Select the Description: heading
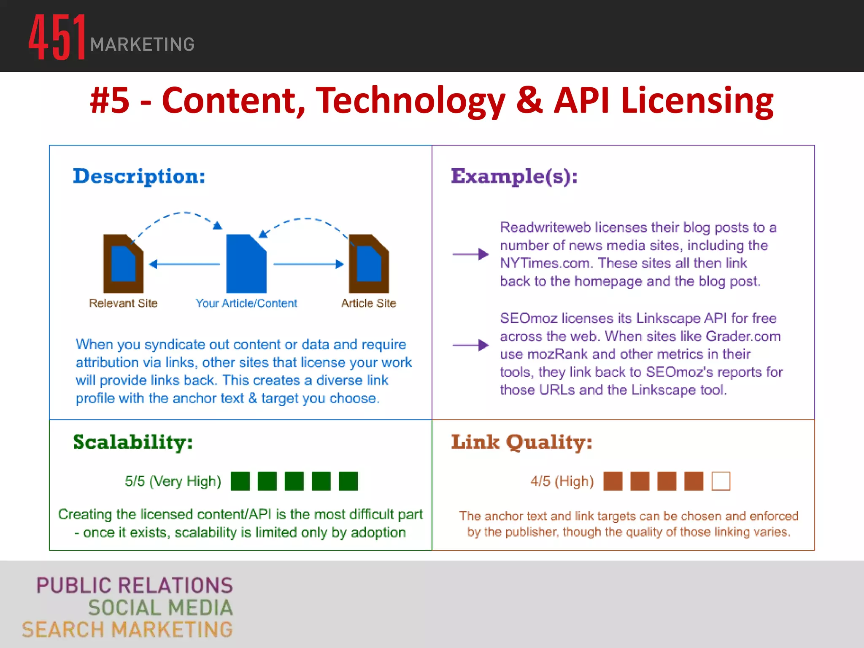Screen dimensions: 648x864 139,176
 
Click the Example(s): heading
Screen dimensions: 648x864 514,176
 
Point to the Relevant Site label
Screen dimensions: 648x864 123,303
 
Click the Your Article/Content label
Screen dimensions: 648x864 246,303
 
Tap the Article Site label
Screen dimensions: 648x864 368,303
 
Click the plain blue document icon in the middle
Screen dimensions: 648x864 246,264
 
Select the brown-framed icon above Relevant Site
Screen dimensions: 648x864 123,264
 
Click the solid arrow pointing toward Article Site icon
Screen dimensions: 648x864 308,265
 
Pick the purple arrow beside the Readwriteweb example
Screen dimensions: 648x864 470,254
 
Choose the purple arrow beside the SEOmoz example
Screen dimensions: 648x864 470,345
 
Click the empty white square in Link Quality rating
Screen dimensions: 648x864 721,481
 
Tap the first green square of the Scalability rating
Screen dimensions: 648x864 240,481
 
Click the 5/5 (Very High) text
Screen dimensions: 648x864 173,481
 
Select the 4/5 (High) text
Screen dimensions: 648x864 562,481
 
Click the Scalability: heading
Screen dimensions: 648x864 133,443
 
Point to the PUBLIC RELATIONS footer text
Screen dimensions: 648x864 135,586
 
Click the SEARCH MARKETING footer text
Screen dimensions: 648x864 127,629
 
